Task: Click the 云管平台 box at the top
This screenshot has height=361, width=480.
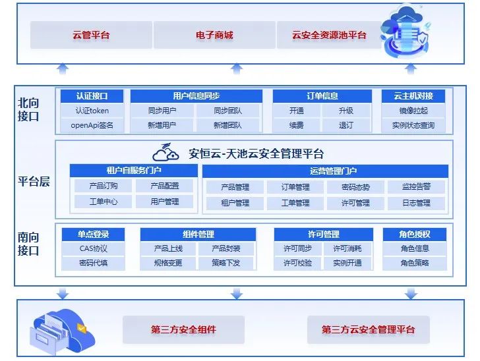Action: (x=91, y=35)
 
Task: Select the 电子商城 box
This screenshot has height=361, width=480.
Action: (x=214, y=35)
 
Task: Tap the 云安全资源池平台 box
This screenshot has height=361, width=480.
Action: (x=329, y=35)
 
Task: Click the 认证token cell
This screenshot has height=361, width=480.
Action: (x=92, y=111)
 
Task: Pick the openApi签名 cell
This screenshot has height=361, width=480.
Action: (x=92, y=125)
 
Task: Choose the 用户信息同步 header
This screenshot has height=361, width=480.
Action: (x=196, y=96)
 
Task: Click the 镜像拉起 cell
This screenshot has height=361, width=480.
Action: (x=413, y=111)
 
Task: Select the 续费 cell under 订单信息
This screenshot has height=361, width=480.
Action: (x=296, y=125)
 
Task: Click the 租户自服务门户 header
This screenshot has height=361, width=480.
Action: (x=133, y=171)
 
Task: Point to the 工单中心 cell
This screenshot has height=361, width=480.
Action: (x=104, y=202)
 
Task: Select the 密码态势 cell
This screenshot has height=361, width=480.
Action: (x=355, y=187)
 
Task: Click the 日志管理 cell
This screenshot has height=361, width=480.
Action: (x=416, y=203)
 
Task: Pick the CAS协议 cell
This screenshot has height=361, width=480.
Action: (x=93, y=248)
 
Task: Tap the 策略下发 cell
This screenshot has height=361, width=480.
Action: (x=226, y=263)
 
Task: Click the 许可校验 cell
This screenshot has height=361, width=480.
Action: (x=297, y=263)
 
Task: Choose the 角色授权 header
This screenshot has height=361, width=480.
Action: (x=415, y=234)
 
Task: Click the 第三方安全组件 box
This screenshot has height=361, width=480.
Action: (x=183, y=329)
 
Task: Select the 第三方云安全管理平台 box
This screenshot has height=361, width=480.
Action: (x=368, y=329)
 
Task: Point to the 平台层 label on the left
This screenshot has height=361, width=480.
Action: (x=34, y=182)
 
